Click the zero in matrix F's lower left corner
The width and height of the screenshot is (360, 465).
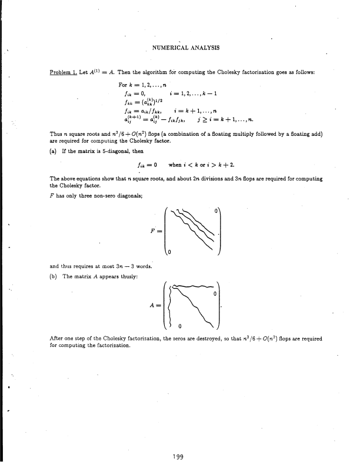tap(170, 253)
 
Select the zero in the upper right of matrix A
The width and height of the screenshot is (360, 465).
tap(216, 293)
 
